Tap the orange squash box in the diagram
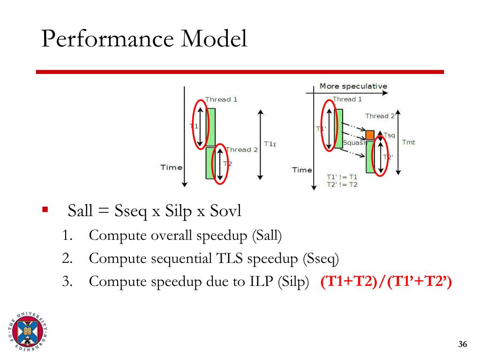(370, 135)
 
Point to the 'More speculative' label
(353, 86)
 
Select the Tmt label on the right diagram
(408, 142)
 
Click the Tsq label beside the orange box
(390, 135)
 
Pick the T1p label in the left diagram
(270, 144)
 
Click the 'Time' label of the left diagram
(171, 167)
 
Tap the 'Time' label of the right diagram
(302, 170)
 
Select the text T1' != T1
(342, 177)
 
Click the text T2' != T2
(342, 185)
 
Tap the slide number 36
(463, 345)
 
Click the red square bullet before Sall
(45, 209)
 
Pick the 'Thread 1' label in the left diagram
(221, 99)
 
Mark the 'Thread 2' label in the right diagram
(380, 116)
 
